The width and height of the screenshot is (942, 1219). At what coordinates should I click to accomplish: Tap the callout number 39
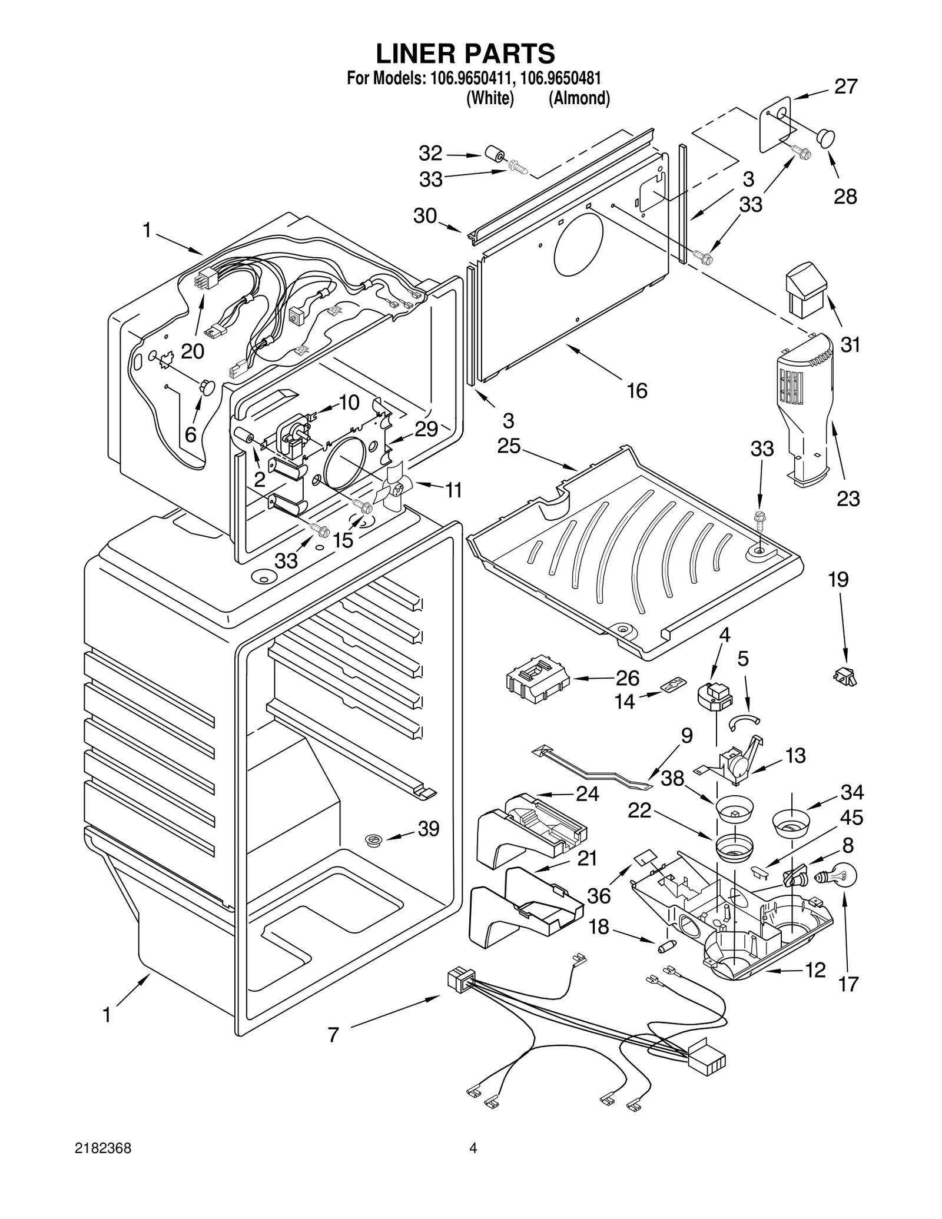429,829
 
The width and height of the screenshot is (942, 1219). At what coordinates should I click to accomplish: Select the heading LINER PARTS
465,54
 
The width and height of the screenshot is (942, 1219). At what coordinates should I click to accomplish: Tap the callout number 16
637,390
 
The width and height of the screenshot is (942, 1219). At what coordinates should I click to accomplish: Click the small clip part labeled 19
846,677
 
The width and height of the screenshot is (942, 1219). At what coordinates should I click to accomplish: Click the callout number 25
509,446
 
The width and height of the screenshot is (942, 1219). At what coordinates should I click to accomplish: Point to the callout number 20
193,351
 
